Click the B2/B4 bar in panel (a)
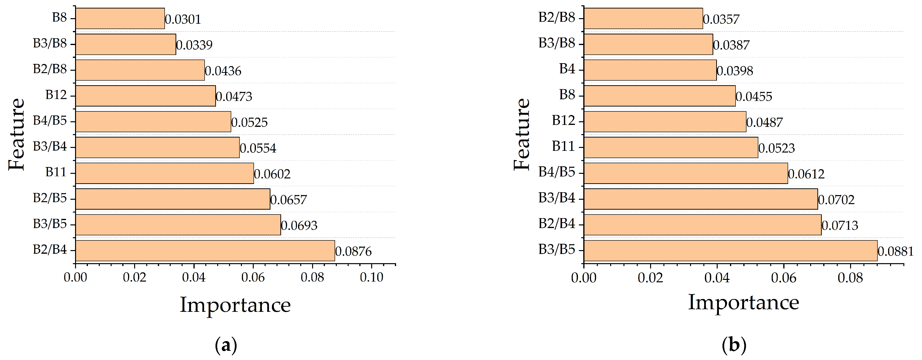[205, 251]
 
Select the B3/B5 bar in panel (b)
[730, 251]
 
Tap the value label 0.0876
[353, 252]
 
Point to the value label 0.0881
[896, 252]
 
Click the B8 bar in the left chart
[120, 19]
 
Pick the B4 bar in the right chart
[650, 70]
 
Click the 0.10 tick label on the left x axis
[371, 277]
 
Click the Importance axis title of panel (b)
[743, 303]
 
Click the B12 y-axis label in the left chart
[56, 95]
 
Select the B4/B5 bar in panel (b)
[686, 173]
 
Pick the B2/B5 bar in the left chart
[173, 199]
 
